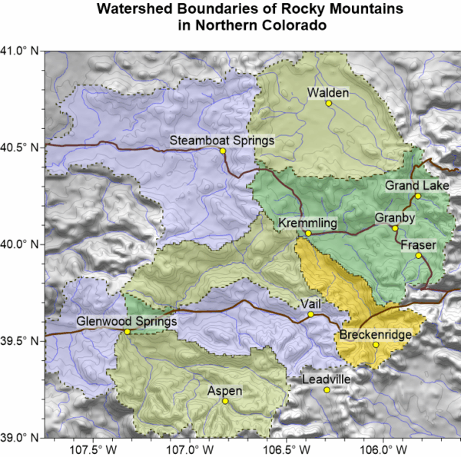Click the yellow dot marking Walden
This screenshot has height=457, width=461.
point(329,103)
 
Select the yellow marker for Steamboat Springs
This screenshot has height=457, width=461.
point(223,151)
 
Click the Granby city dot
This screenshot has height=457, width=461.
point(395,228)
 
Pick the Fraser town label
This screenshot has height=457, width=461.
point(418,244)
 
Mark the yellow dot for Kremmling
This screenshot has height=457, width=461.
point(308,233)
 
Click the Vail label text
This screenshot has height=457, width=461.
point(310,304)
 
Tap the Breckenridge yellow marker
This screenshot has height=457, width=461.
point(376,345)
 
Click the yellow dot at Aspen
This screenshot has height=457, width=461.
point(225,401)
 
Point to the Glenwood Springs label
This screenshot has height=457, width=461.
point(126,321)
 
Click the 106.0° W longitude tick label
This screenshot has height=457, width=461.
point(379,449)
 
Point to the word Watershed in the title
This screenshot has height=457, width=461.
point(131,10)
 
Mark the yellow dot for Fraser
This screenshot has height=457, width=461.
point(419,255)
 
